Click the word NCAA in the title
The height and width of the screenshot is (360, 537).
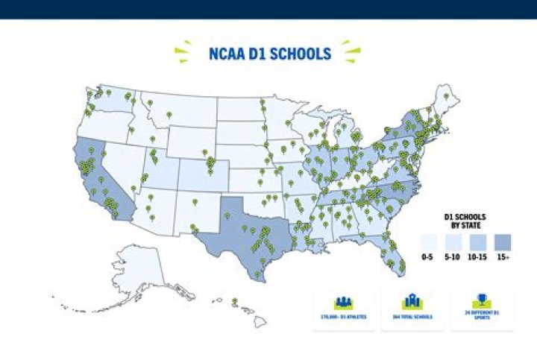click(x=227, y=54)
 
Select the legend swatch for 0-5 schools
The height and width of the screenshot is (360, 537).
click(x=427, y=241)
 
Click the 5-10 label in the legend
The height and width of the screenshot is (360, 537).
click(x=452, y=258)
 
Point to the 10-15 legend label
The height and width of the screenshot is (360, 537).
click(x=477, y=258)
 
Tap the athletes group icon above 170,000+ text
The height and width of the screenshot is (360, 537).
click(x=343, y=303)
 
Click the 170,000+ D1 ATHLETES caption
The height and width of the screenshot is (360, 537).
click(x=343, y=317)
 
